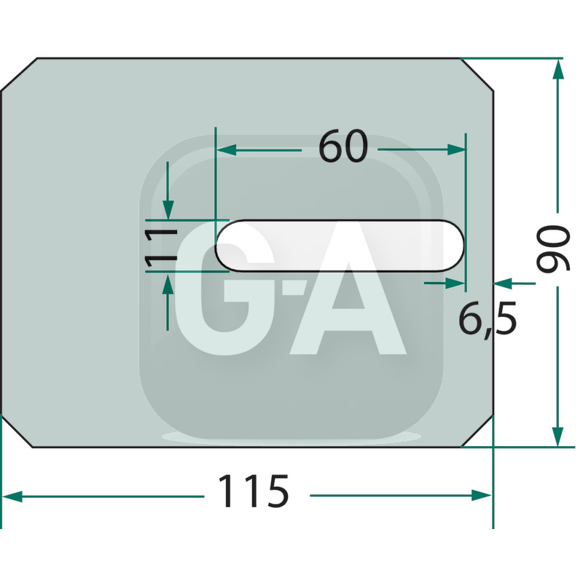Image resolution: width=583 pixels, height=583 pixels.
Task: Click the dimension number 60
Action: click(343, 147)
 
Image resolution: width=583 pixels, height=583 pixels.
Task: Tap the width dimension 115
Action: click(253, 491)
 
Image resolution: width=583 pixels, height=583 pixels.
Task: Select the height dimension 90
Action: click(553, 249)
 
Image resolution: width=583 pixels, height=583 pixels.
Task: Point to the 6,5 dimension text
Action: click(488, 318)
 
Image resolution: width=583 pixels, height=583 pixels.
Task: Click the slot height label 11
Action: click(160, 248)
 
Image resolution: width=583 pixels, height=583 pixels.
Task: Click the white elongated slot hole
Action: click(340, 246)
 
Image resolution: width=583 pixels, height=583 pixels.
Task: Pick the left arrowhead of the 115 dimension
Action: click(12, 496)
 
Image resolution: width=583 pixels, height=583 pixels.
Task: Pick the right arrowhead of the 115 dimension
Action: click(482, 496)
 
